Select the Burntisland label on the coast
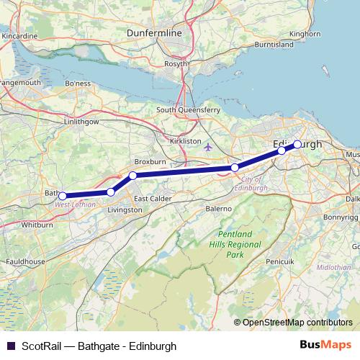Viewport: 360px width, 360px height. click(x=274, y=44)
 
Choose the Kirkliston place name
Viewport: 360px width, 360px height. click(x=186, y=141)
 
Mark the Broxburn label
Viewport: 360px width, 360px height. click(x=151, y=162)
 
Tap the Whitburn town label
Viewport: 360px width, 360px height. click(x=35, y=225)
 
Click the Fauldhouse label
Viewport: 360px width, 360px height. click(x=22, y=261)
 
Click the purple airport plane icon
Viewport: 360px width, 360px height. click(x=209, y=148)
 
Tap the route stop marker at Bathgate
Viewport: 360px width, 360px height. click(x=63, y=196)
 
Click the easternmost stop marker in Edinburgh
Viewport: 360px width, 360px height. click(x=297, y=144)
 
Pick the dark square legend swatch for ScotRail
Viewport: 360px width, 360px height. click(x=9, y=346)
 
